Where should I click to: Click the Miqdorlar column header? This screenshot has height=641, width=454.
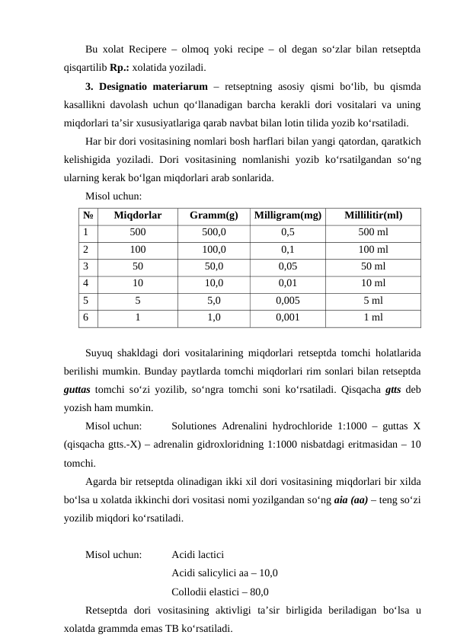[137, 215]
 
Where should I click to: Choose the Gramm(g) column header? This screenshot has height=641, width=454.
[213, 215]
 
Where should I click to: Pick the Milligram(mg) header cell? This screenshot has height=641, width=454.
[288, 215]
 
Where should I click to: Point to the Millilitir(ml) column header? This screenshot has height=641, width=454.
[373, 215]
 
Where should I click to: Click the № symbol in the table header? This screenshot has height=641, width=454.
[88, 215]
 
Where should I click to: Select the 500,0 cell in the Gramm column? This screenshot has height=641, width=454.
[213, 232]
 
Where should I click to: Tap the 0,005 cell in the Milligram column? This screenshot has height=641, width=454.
[288, 300]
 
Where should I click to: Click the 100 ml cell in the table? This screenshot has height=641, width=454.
[373, 249]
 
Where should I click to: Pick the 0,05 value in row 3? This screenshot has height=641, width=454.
[288, 266]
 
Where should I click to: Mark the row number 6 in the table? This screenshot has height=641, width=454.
[86, 317]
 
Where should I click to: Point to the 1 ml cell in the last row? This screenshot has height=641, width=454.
[373, 317]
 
